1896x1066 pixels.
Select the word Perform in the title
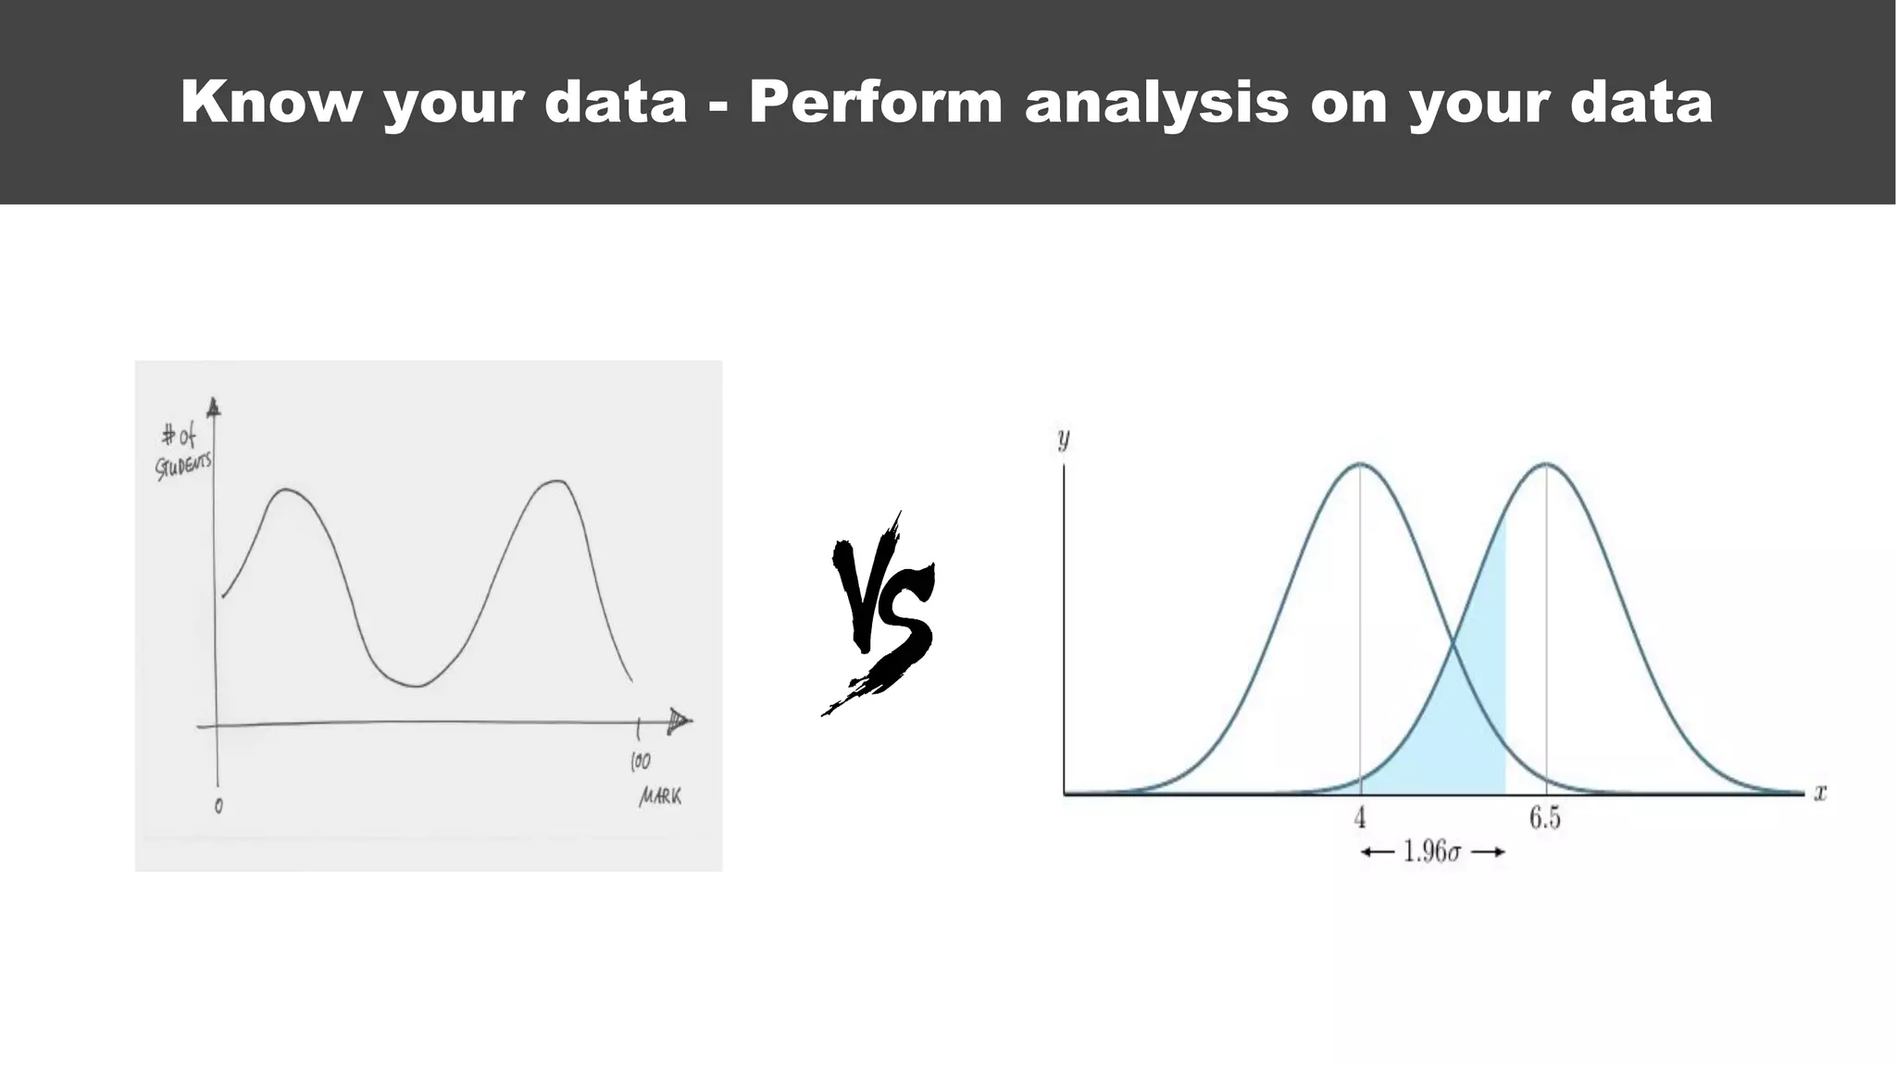tap(876, 101)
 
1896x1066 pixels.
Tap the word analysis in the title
tap(1156, 101)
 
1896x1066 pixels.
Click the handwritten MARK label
tap(660, 796)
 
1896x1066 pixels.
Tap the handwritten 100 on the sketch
tap(641, 762)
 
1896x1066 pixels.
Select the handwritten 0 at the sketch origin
tap(218, 806)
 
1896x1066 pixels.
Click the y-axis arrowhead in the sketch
tap(214, 407)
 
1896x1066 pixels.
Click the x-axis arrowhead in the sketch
tap(680, 720)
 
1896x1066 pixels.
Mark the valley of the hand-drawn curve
tap(417, 686)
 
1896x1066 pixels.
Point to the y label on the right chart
tap(1064, 438)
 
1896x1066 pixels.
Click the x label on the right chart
tap(1820, 793)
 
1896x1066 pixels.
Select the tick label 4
tap(1360, 818)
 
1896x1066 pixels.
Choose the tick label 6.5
tap(1544, 818)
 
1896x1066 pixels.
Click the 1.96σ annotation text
tap(1431, 851)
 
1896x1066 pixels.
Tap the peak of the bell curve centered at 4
tap(1360, 464)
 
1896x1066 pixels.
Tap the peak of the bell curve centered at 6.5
tap(1545, 464)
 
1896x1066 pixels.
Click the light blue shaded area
tap(1463, 731)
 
